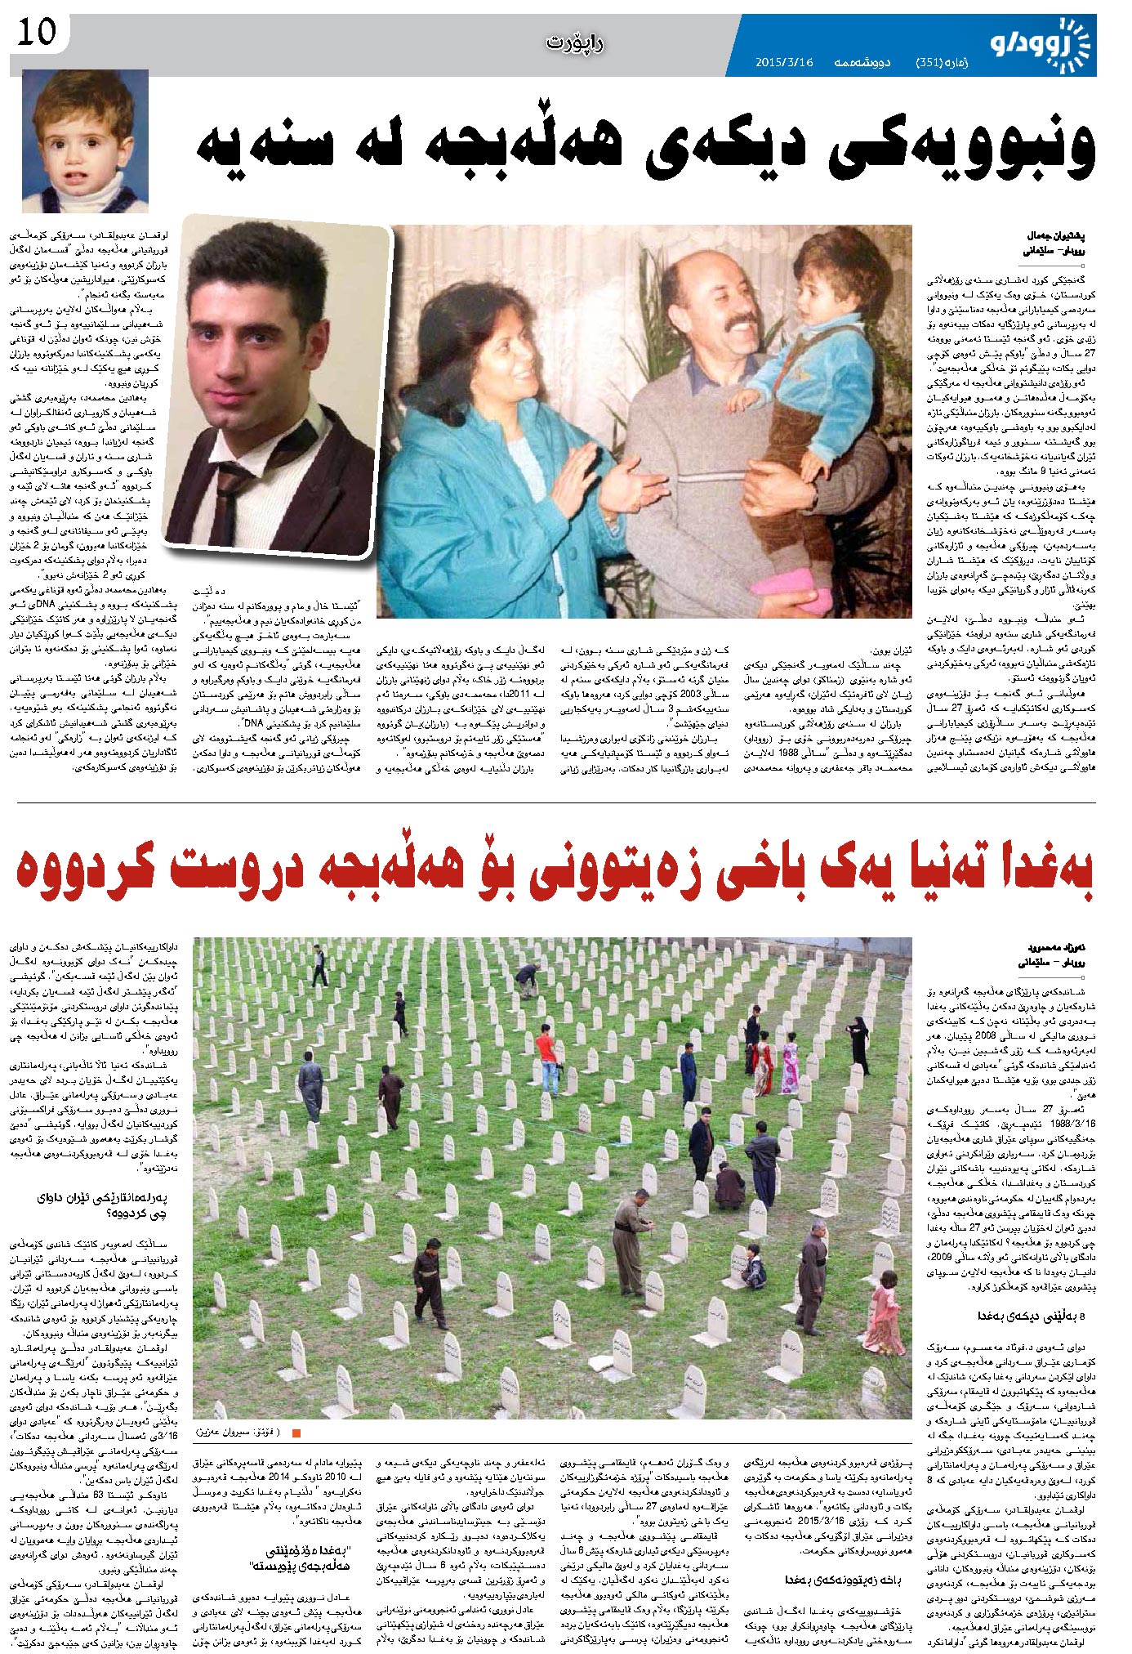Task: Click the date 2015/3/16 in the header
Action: (x=784, y=63)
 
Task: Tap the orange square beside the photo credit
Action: (x=296, y=1433)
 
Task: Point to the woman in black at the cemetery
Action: (x=859, y=1044)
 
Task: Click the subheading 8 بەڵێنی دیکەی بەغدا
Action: (x=1031, y=1316)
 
